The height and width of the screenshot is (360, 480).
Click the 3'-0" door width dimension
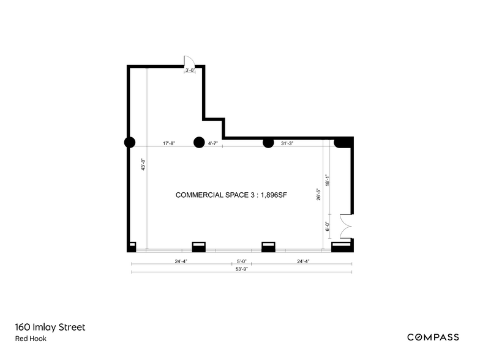click(x=190, y=70)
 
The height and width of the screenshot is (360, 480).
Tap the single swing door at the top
click(x=189, y=61)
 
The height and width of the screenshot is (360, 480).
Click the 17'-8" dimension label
click(x=169, y=144)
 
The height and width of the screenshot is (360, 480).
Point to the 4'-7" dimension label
click(x=214, y=144)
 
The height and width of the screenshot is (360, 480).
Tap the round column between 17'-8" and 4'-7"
click(x=198, y=143)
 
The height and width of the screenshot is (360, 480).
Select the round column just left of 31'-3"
click(x=268, y=143)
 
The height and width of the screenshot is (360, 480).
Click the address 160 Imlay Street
click(x=51, y=328)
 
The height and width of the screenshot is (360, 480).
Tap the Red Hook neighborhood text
click(x=31, y=339)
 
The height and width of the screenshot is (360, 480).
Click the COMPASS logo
click(x=433, y=337)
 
